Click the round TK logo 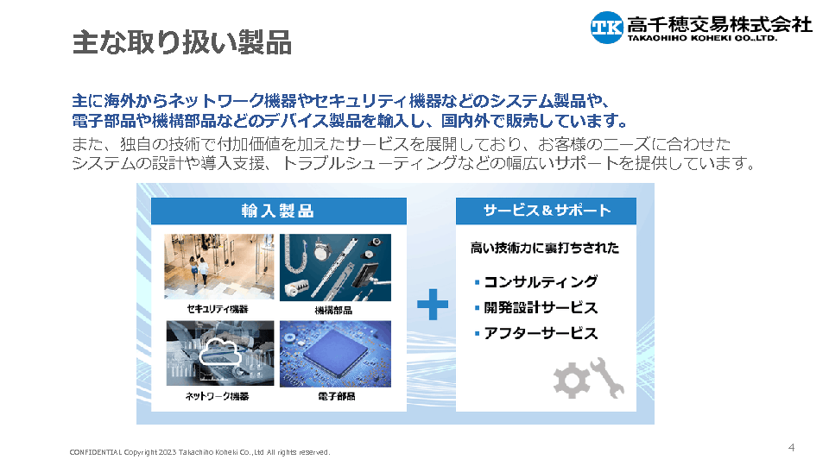(607, 27)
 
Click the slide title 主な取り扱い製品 (182, 42)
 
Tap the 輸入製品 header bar (279, 211)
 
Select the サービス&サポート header (546, 211)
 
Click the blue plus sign (433, 305)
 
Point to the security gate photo (218, 267)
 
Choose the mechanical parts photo (335, 268)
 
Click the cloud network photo (220, 353)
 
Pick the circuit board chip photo (335, 354)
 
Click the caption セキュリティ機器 (218, 309)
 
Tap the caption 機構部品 (333, 310)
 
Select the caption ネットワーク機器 (217, 396)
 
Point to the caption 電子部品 (336, 396)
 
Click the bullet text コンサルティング (541, 281)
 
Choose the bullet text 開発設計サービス (541, 307)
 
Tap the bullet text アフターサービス (541, 333)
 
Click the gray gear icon (571, 380)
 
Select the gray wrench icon (607, 377)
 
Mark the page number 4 (792, 448)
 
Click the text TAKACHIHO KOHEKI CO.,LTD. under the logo (703, 38)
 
